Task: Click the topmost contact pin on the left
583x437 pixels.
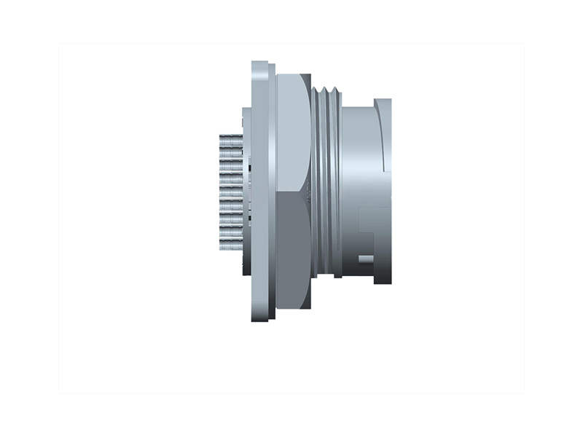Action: coord(230,138)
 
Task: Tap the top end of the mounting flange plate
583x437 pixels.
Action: coord(262,67)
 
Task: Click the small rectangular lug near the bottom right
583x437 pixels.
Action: coord(362,259)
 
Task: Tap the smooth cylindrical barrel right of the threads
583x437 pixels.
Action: coord(357,160)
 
